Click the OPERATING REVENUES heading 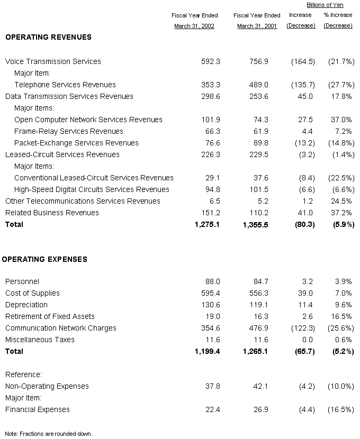click(x=48, y=37)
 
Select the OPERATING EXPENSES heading click(x=44, y=259)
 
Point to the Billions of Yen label click(x=325, y=5)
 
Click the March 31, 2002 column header click(x=194, y=26)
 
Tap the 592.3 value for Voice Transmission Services click(x=211, y=61)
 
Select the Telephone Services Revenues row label click(x=65, y=85)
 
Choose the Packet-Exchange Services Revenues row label click(x=76, y=143)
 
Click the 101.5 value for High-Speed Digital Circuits click(x=258, y=189)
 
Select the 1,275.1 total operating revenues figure click(x=208, y=224)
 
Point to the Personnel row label click(x=22, y=281)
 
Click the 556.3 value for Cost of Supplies click(x=258, y=293)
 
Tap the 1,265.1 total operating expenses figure click(x=255, y=351)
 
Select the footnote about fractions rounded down click(x=49, y=433)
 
